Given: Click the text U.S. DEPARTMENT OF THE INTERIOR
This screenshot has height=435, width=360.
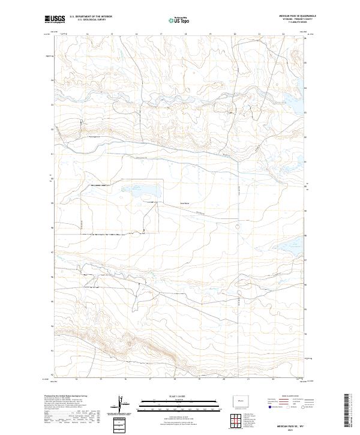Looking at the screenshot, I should (x=91, y=16).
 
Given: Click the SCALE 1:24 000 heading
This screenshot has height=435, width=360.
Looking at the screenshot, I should (x=174, y=395).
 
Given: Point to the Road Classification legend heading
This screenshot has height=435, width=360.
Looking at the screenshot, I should (x=289, y=397).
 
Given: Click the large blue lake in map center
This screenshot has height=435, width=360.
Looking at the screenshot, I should (x=146, y=194).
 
